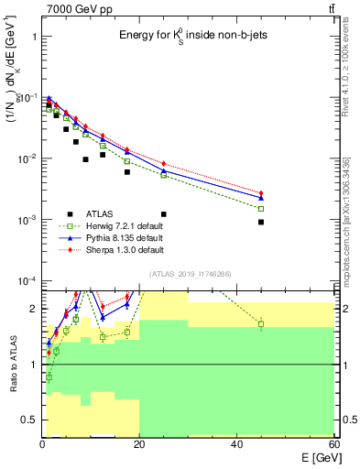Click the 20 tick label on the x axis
coord(139,444)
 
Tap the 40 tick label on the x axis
coord(236,444)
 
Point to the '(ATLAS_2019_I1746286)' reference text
coord(189,273)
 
